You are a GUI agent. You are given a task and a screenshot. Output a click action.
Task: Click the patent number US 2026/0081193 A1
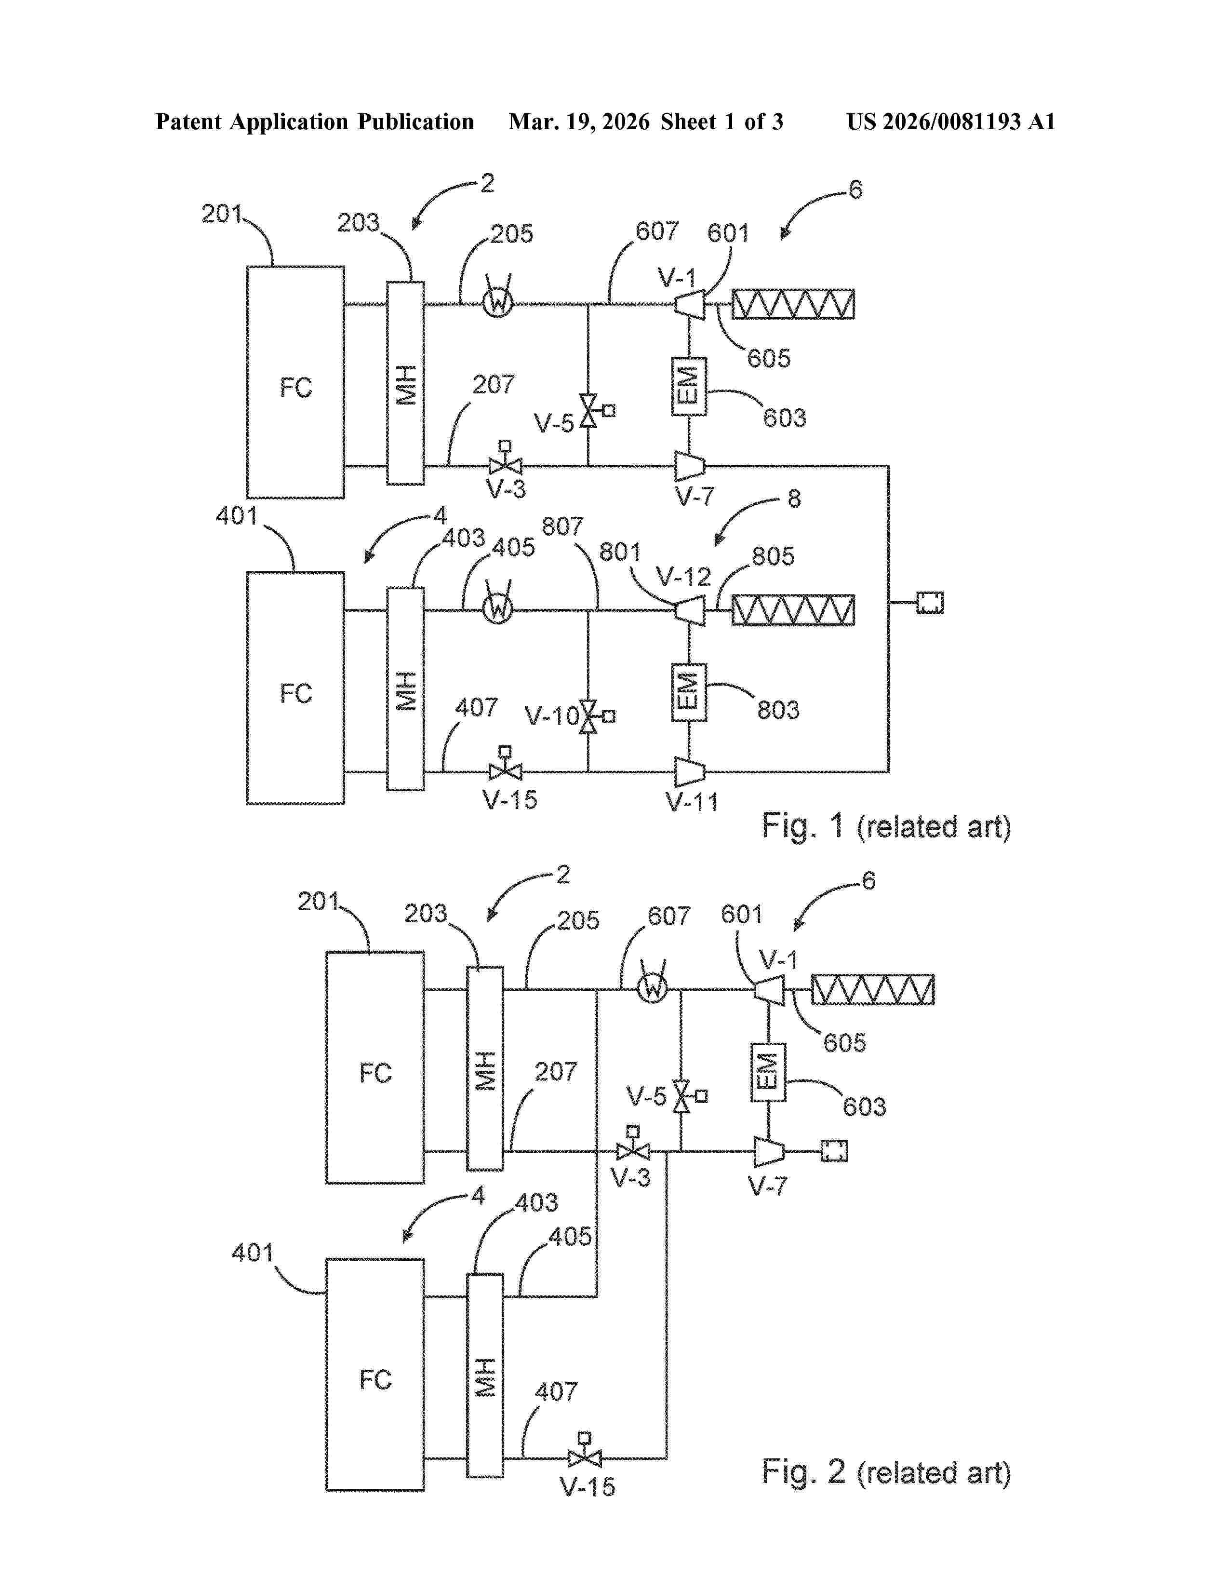coord(950,121)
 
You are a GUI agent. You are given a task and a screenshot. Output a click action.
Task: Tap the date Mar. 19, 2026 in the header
coord(579,121)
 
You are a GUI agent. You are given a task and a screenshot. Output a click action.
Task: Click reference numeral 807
coord(562,526)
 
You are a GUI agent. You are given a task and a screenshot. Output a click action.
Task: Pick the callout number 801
coord(620,552)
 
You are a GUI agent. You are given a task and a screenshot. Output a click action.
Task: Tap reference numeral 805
coord(773,556)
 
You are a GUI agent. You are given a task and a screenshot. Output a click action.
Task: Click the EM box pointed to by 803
coord(688,691)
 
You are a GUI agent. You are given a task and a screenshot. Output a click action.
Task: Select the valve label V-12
coord(683,577)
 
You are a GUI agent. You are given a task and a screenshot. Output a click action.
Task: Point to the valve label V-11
coord(692,802)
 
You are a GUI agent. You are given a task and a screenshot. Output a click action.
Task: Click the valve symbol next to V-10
coord(589,716)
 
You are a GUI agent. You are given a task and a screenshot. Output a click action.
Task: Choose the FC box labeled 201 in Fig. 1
coord(295,382)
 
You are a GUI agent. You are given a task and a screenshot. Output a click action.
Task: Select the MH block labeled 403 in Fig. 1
coord(405,688)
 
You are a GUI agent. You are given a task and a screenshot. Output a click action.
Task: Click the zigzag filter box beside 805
coord(792,610)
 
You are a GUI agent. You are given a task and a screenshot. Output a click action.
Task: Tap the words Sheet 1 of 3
coord(721,121)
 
